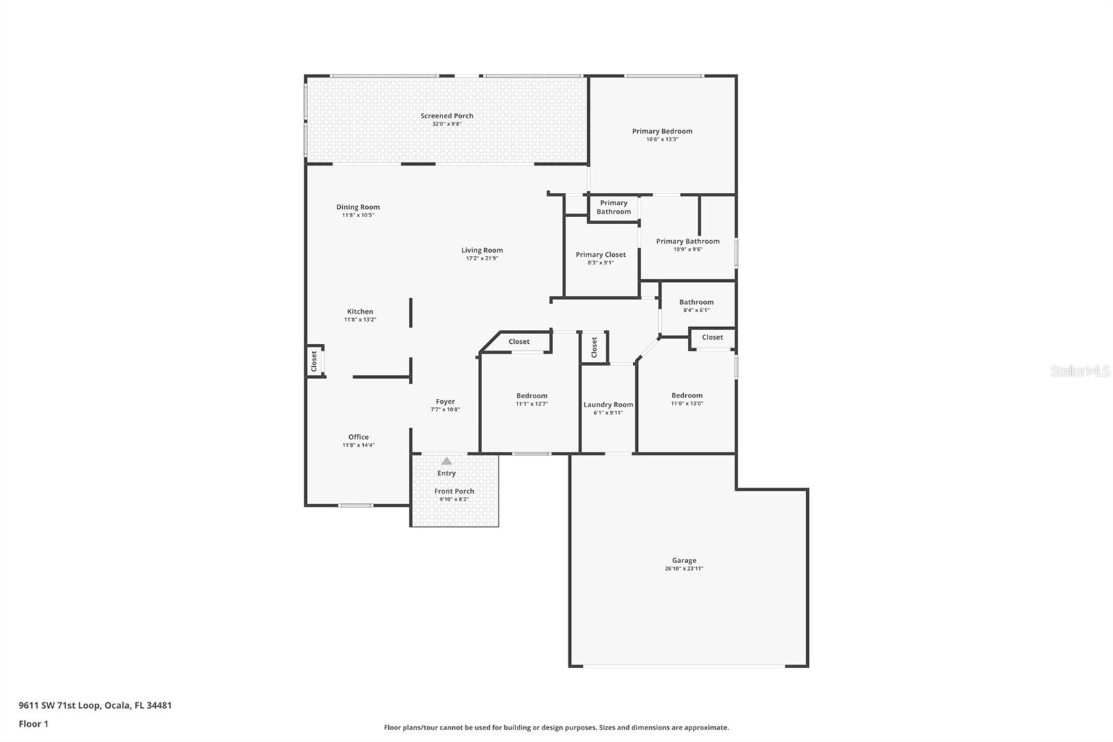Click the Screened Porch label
447,116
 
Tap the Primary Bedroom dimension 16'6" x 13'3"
662,139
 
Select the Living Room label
481,251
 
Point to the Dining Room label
358,207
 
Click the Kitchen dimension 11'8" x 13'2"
360,319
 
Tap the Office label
358,437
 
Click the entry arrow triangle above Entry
447,461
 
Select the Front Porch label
454,491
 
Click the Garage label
684,560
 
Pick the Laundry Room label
608,405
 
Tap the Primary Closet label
600,255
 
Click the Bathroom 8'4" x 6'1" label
696,302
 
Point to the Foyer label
445,402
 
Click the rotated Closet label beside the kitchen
314,361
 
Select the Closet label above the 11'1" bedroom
519,342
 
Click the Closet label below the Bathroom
712,338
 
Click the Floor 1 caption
33,724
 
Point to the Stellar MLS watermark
1080,371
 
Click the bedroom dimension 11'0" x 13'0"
687,404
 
